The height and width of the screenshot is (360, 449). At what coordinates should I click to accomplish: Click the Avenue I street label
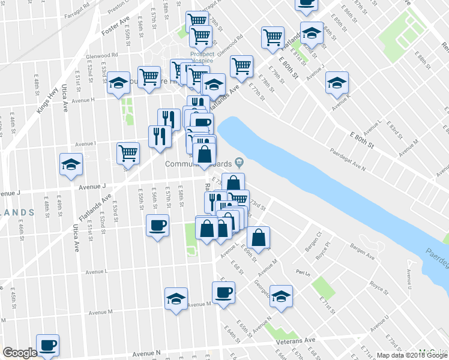point(85,143)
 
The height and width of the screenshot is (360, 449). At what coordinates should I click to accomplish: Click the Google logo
point(20,352)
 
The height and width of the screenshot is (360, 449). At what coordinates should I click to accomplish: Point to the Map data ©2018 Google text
point(411,355)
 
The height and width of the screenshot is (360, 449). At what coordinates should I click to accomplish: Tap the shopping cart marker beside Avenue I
point(128,153)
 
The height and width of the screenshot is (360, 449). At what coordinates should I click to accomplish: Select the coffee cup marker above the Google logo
point(48,345)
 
